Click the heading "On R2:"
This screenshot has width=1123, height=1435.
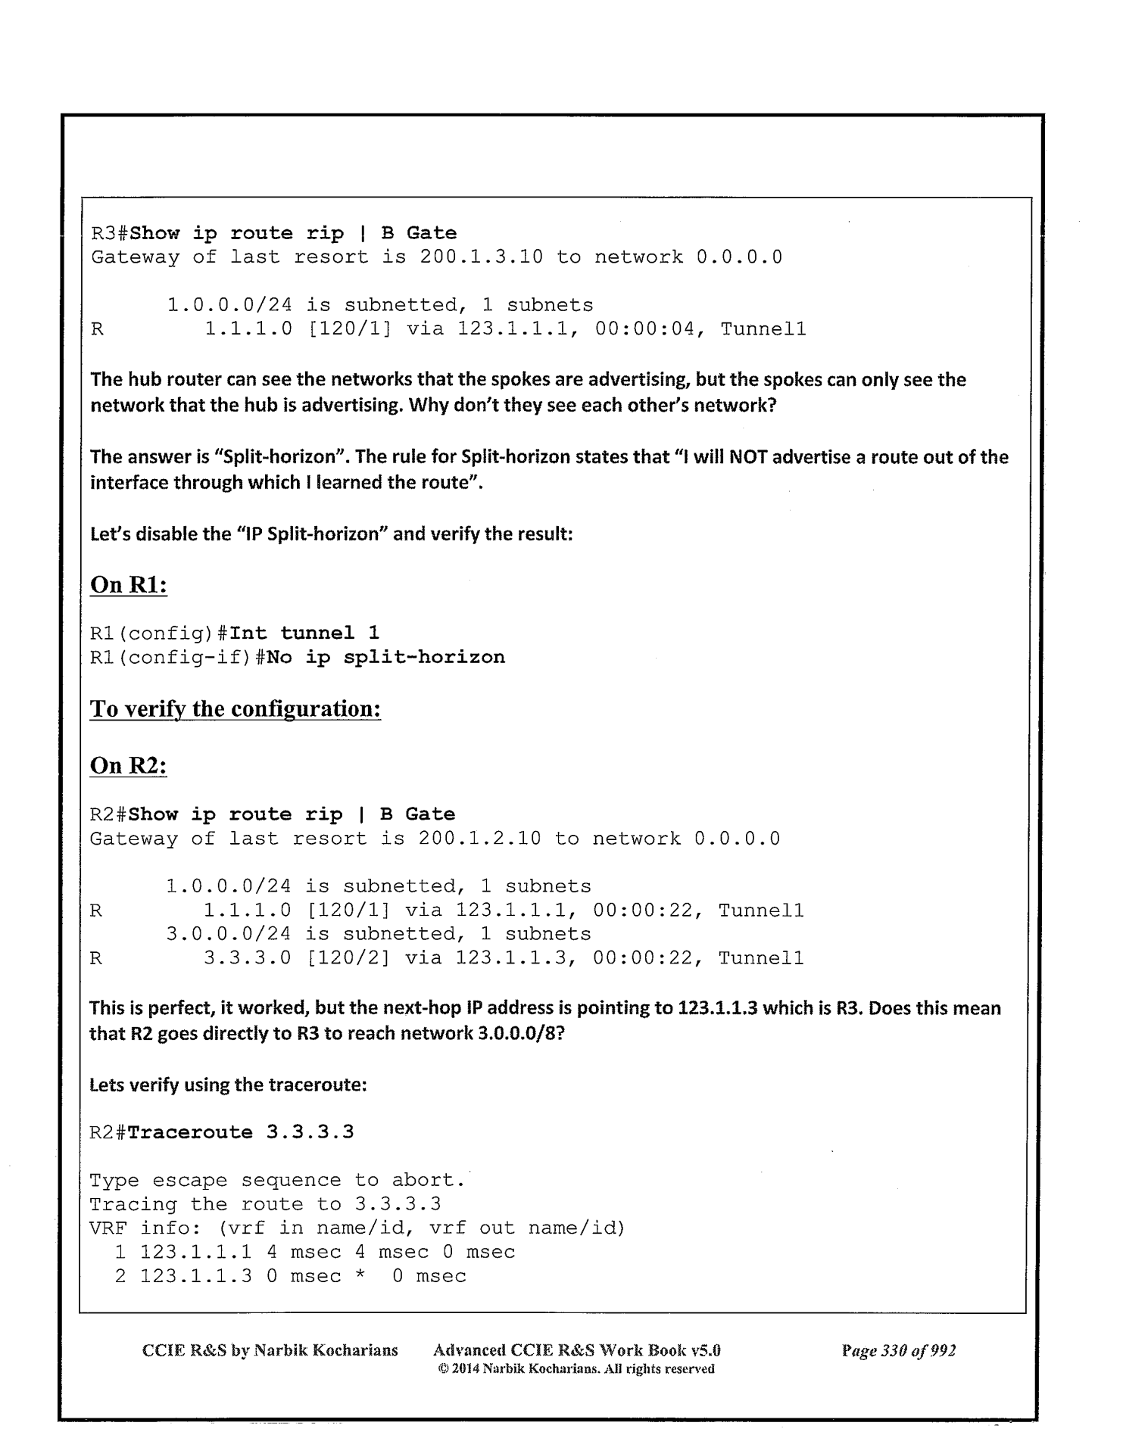coord(128,765)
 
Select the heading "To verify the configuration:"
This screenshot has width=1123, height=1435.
coord(235,709)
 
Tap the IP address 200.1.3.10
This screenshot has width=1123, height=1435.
coord(481,257)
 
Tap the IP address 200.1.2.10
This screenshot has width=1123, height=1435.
coord(479,839)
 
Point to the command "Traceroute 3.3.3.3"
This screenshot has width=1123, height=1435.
coord(241,1132)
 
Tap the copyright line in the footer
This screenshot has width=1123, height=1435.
coord(576,1368)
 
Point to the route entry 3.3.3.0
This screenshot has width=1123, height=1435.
coord(248,959)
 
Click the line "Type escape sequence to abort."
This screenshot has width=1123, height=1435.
coord(278,1181)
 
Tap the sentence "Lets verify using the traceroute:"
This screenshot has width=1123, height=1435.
coord(228,1085)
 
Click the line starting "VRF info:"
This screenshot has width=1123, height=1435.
coord(357,1228)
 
